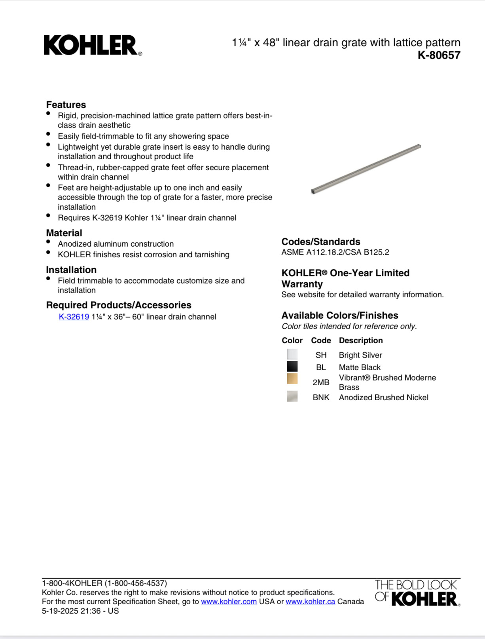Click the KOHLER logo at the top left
point(93,46)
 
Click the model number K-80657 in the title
point(439,55)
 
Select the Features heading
point(66,105)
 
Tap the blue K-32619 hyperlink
point(74,317)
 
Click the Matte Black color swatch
point(292,367)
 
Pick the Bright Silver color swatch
point(292,354)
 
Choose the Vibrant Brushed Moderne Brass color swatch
point(292,379)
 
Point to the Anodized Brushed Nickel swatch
point(292,396)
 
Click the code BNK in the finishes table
point(321,397)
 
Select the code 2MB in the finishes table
point(321,382)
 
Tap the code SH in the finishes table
point(321,355)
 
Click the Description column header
point(361,340)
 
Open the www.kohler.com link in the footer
point(229,602)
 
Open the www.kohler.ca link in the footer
point(310,602)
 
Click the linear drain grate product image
point(366,169)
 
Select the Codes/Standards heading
point(320,242)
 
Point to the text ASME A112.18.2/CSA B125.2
point(335,252)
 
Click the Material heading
point(64,233)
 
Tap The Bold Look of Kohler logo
point(417,593)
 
